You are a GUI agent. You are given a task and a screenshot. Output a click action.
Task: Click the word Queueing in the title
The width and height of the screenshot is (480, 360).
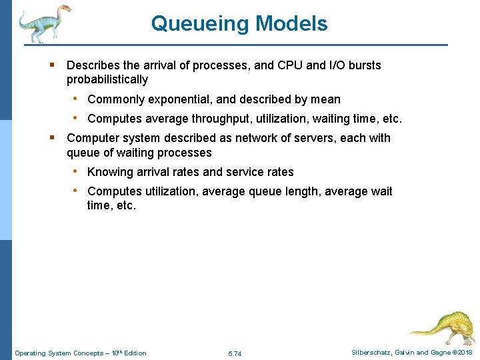click(x=190, y=24)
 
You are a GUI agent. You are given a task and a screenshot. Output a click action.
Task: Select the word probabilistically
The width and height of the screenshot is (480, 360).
click(x=107, y=80)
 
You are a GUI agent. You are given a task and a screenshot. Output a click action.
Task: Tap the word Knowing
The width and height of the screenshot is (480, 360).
click(x=110, y=172)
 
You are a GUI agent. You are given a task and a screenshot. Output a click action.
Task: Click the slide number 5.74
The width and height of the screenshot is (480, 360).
click(x=235, y=353)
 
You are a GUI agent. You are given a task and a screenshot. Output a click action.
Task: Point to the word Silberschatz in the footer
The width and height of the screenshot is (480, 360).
click(x=373, y=353)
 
